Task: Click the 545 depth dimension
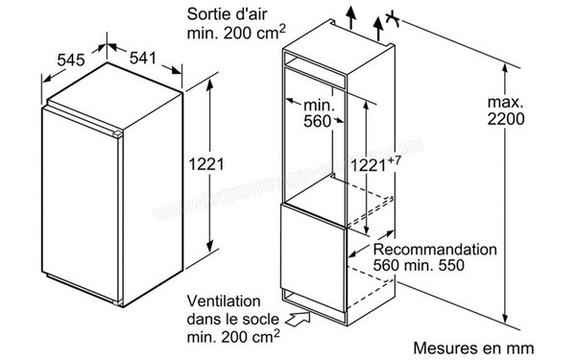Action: tap(71, 60)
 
